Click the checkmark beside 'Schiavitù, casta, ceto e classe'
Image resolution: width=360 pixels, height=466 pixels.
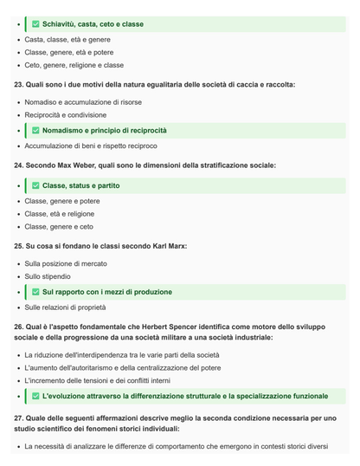[35, 24]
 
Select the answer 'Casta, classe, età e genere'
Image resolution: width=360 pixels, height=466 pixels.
[67, 39]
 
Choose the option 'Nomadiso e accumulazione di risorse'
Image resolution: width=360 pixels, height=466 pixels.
[82, 100]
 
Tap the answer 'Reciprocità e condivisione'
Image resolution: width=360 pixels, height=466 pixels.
[66, 115]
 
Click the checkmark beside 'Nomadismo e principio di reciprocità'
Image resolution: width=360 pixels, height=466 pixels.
[35, 131]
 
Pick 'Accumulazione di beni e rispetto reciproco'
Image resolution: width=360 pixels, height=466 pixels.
[91, 146]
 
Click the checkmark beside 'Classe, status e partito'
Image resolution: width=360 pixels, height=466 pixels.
[35, 185]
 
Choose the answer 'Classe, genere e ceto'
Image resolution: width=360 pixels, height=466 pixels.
[59, 227]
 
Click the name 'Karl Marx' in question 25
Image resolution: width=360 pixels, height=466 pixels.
[170, 246]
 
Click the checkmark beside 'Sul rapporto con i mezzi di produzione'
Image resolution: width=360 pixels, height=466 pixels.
[35, 292]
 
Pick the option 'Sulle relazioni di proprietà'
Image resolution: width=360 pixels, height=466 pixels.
[65, 307]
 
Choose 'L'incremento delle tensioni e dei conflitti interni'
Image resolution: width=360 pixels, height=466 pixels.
[97, 381]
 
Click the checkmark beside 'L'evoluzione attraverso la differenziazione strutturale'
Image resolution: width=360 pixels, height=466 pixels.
[35, 397]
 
